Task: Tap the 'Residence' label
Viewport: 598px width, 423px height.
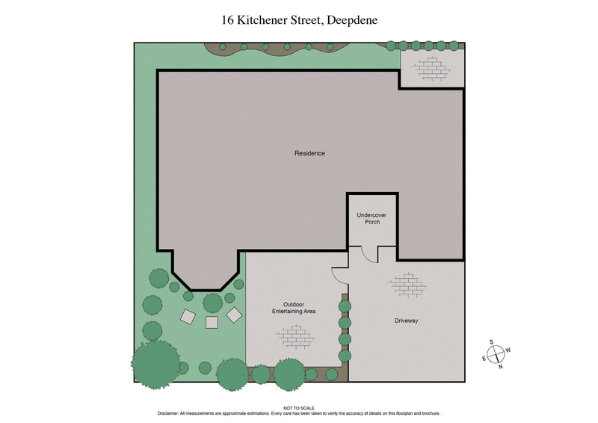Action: (x=309, y=153)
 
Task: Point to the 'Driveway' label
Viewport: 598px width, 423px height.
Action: (x=406, y=321)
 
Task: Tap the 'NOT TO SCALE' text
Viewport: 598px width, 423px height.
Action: (x=298, y=408)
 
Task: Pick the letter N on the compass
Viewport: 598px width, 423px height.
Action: (x=500, y=366)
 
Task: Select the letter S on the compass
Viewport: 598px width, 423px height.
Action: (x=493, y=342)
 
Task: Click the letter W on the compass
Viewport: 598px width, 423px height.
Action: (x=508, y=350)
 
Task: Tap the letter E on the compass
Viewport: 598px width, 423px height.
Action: (x=484, y=359)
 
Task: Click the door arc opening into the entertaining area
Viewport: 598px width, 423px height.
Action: (x=339, y=274)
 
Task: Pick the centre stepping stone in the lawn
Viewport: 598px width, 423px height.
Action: (x=212, y=322)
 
